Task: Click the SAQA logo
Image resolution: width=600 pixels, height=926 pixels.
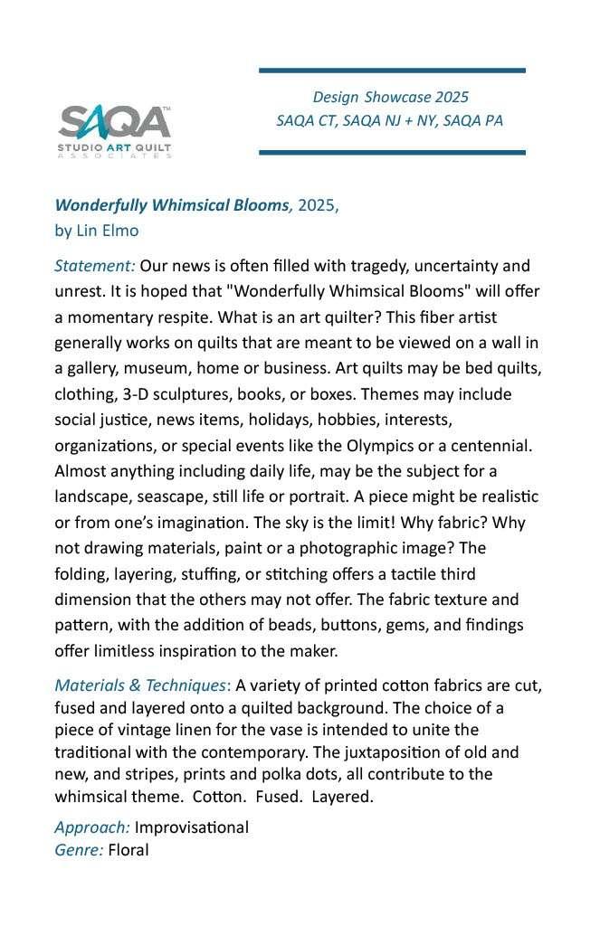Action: coord(115,130)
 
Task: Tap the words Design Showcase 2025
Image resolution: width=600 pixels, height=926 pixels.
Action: coord(390,97)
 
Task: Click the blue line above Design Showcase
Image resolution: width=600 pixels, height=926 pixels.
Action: coord(392,70)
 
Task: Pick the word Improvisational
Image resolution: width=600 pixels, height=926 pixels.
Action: coord(191,827)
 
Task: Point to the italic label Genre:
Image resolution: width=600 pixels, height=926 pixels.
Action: coord(79,849)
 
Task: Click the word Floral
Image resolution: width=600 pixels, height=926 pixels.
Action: coord(128,849)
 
